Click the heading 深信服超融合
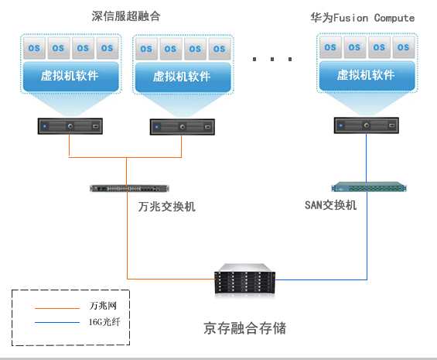[x=131, y=16]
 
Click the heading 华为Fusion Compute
[x=363, y=16]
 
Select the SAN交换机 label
[x=331, y=204]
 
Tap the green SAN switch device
[x=367, y=187]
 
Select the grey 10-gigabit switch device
[x=128, y=188]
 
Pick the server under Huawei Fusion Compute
[x=367, y=125]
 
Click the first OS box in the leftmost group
[x=35, y=48]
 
